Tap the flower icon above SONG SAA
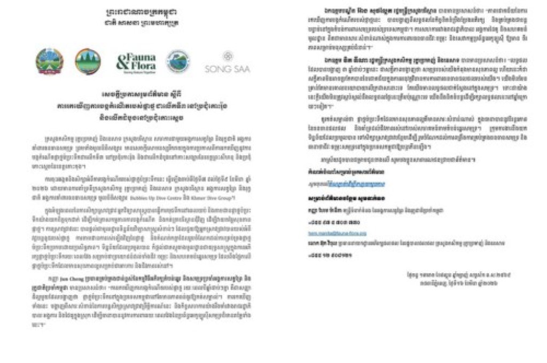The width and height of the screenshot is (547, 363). click(x=228, y=56)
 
